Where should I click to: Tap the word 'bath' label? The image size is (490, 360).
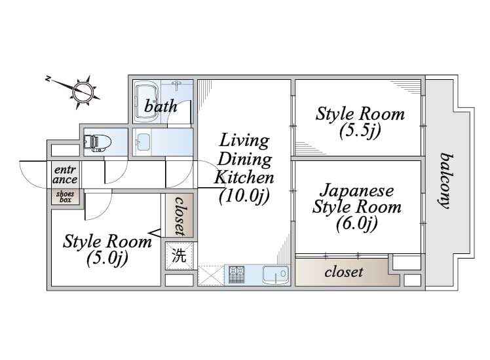[160, 106]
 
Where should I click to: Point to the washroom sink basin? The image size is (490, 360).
[143, 143]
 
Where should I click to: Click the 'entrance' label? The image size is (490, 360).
[65, 174]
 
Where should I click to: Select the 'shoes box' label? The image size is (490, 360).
[65, 197]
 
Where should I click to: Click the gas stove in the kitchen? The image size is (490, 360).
[236, 274]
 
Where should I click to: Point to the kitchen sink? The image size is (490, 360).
[275, 275]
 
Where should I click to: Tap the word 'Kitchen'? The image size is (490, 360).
[244, 177]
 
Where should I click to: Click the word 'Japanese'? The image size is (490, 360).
[357, 190]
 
